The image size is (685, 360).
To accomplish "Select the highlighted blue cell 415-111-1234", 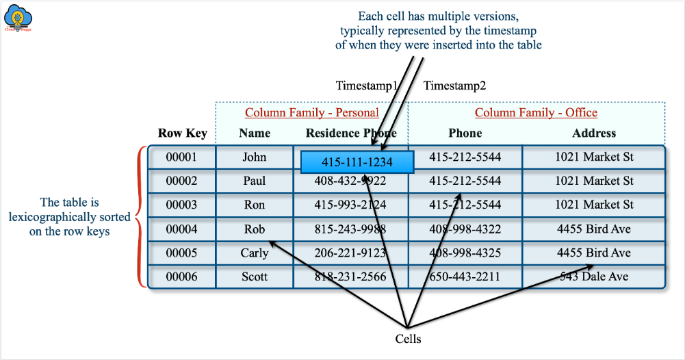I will click(x=357, y=162).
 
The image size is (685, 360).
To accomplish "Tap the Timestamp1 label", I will click(x=366, y=86).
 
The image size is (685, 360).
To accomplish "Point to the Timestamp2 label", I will click(x=454, y=86).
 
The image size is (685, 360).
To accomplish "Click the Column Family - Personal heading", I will click(x=311, y=112).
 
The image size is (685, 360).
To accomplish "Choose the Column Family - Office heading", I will click(x=536, y=112).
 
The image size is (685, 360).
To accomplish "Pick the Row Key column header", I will click(x=182, y=133).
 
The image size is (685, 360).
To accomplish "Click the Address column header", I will click(x=594, y=133).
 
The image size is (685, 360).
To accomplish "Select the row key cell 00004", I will click(x=182, y=229).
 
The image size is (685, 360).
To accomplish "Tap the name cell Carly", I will click(x=255, y=253).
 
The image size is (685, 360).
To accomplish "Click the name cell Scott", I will click(x=255, y=277).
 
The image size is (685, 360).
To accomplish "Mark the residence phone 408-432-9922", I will click(x=350, y=181).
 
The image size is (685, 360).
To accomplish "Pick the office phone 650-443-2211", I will click(x=465, y=277).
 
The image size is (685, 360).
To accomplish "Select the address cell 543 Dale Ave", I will click(x=594, y=277).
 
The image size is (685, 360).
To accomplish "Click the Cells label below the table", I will click(x=408, y=339).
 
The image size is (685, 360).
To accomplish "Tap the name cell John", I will click(x=255, y=157).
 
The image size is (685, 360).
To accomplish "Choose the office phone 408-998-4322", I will click(x=465, y=229).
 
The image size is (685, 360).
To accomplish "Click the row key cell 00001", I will click(x=182, y=157).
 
